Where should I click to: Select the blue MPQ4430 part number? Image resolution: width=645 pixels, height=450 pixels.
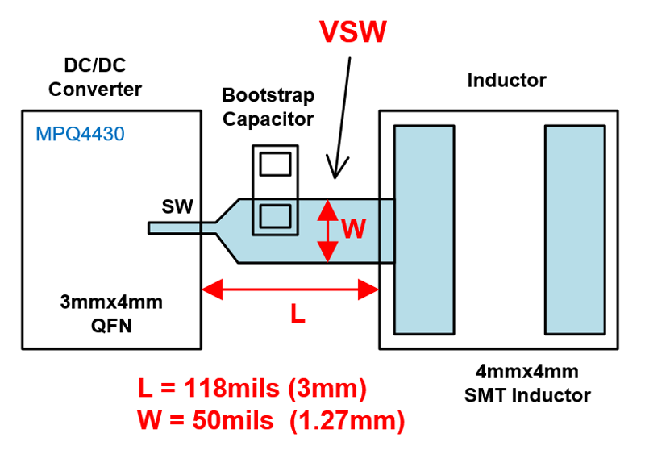coord(80,134)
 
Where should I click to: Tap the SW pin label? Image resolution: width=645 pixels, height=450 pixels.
coord(177,206)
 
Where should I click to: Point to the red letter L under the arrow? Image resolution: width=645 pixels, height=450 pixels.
coord(298,315)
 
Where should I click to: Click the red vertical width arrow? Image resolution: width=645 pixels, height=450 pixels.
coord(326,231)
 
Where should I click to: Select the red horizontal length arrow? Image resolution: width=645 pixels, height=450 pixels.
coord(290,288)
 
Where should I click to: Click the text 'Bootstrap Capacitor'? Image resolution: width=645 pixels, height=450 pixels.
coord(268,107)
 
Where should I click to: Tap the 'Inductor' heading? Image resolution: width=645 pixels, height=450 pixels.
coord(506,81)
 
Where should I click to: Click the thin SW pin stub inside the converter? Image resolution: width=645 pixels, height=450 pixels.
coord(173,228)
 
